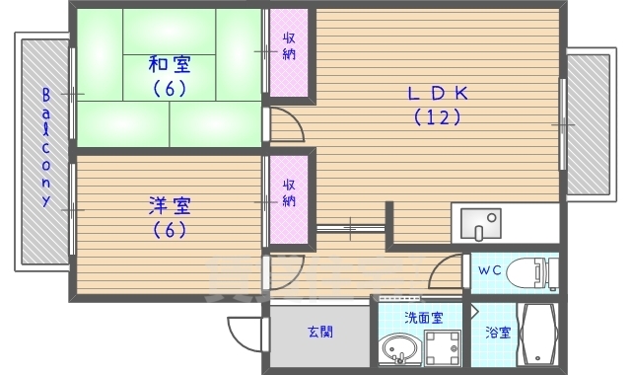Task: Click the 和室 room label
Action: coord(170,65)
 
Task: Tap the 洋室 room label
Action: coord(170,206)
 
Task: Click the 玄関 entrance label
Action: coord(318,332)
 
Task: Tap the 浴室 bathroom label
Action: coord(498,334)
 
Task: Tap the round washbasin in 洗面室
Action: coord(399,351)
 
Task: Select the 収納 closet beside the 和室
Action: coord(290,52)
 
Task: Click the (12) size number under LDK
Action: coord(437,117)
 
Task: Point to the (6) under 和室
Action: coord(170,89)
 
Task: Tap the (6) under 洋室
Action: coord(170,231)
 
